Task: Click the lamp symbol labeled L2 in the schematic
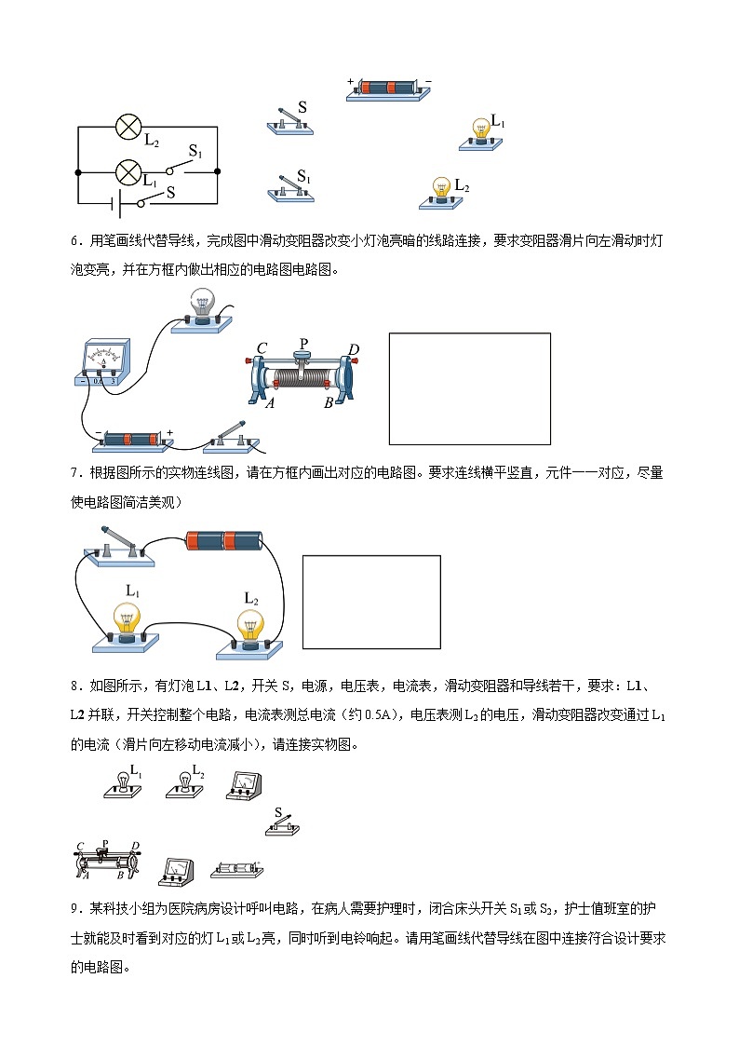tap(128, 128)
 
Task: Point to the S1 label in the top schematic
tap(196, 151)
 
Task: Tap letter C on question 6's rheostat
tap(262, 348)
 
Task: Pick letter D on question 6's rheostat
tap(353, 349)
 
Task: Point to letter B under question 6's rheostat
tap(328, 403)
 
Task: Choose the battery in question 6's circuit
tap(132, 438)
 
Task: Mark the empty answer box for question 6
tap(469, 388)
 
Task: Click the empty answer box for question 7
tap(371, 602)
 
